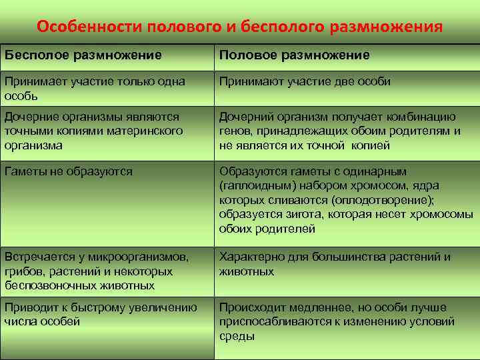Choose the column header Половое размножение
(x=295, y=55)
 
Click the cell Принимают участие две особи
(x=305, y=81)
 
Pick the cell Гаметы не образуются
(x=69, y=171)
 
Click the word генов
(x=235, y=131)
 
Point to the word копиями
(x=66, y=131)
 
